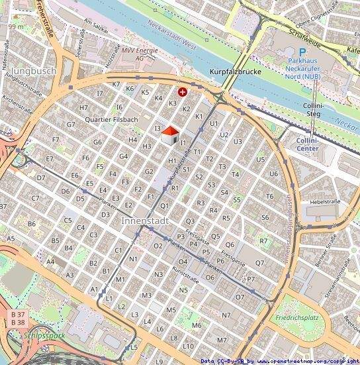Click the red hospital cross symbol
(183, 92)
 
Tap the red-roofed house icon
(170, 134)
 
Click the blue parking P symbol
(302, 52)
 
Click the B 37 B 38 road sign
(17, 317)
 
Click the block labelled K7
(116, 84)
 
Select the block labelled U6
(273, 174)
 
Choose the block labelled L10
(189, 346)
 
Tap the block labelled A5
(11, 238)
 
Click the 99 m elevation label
(16, 26)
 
